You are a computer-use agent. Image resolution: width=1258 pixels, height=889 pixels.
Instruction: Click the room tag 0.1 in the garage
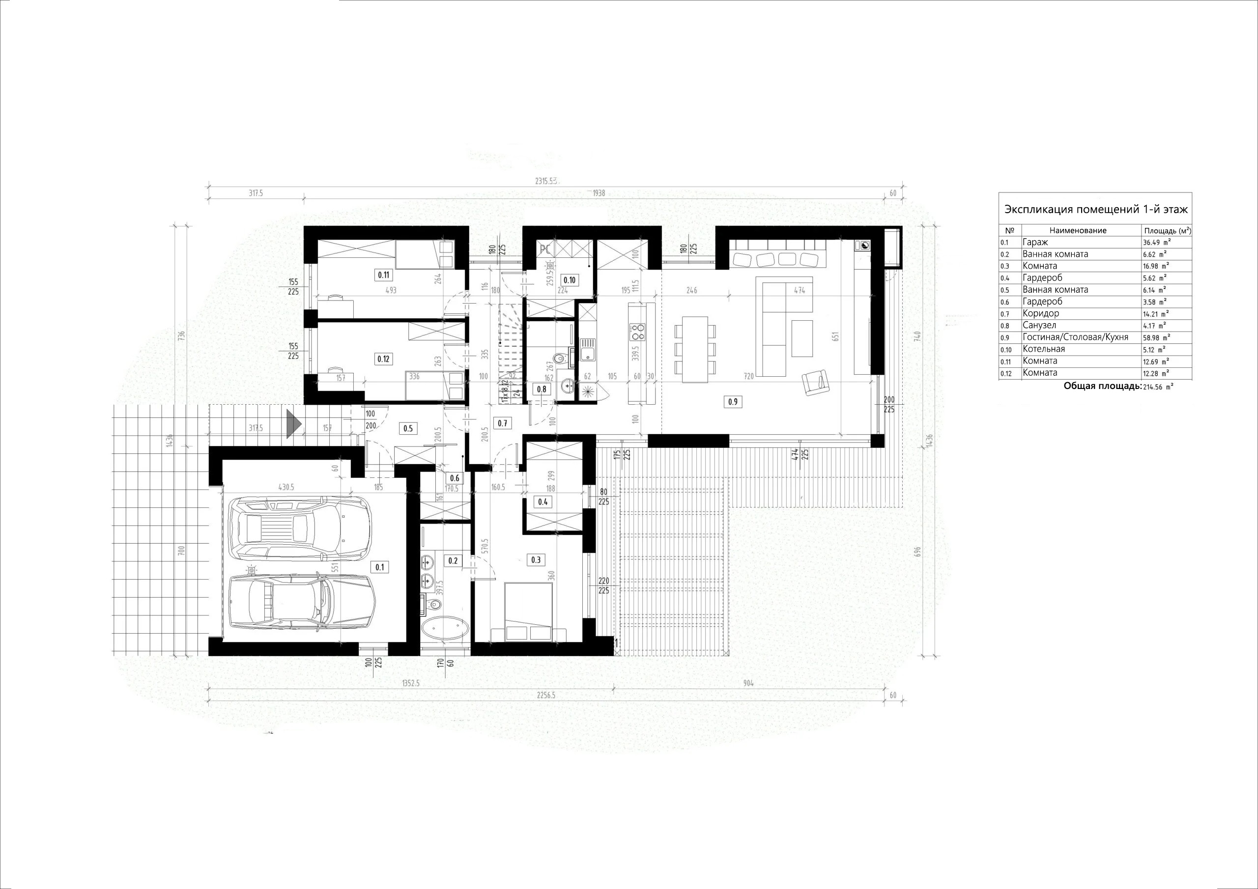click(380, 567)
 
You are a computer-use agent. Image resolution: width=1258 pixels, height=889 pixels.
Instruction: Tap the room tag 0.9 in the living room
click(733, 401)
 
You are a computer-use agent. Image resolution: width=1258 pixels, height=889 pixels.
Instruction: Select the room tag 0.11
click(383, 275)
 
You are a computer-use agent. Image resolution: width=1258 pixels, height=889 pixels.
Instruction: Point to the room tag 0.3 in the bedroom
click(536, 559)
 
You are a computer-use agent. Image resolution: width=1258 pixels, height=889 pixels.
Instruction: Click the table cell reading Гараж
click(1034, 242)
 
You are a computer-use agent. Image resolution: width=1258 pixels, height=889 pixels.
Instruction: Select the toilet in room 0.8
click(559, 359)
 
